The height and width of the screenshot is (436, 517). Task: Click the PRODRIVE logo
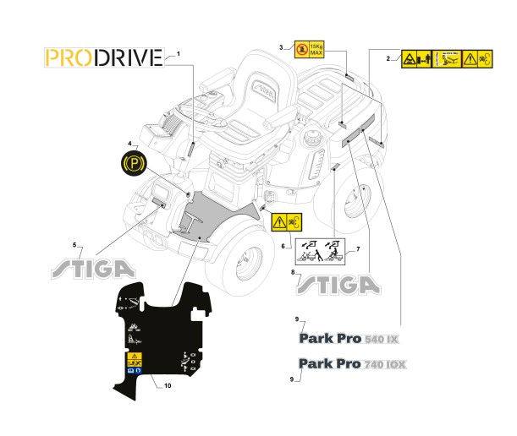[x=102, y=57]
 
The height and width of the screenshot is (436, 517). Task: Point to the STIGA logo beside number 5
[x=93, y=268]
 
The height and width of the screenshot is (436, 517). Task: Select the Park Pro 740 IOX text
[x=353, y=364]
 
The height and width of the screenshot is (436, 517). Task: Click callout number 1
[x=179, y=54]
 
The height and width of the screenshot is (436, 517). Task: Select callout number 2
[x=388, y=58]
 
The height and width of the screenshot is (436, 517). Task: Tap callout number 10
[x=167, y=386]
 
